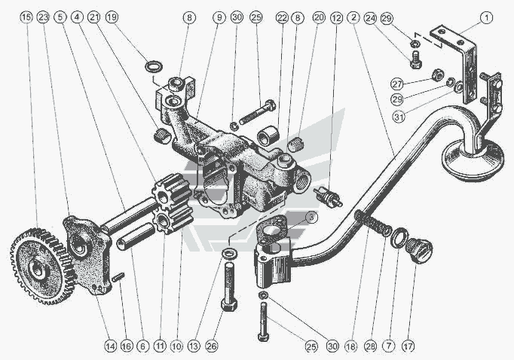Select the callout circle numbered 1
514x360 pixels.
coord(486,17)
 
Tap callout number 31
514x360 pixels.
coord(399,117)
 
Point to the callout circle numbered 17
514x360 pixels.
coord(408,346)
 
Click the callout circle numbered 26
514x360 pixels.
coord(212,346)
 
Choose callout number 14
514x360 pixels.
coord(111,346)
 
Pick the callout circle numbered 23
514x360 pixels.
coord(43,17)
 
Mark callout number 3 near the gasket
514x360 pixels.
coord(311,217)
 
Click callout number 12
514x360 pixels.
coord(336,18)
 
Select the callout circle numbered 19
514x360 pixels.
coord(112,17)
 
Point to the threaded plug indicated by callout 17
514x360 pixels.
coord(419,249)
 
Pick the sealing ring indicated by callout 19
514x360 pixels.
coord(154,66)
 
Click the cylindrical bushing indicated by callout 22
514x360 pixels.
coord(268,135)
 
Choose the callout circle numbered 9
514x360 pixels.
coord(219,17)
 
